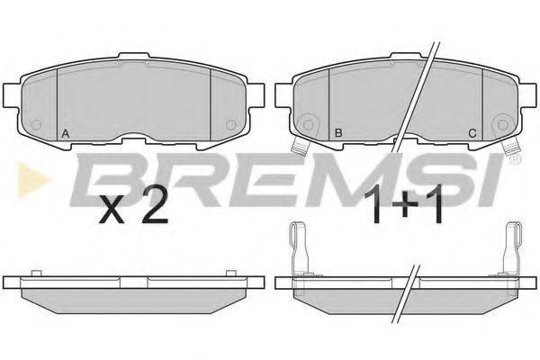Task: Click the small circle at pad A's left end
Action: (37, 123)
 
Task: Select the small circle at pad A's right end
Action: (229, 123)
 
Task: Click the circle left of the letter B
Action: (309, 122)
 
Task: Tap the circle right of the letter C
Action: (502, 122)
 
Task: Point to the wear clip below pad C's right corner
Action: (511, 148)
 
